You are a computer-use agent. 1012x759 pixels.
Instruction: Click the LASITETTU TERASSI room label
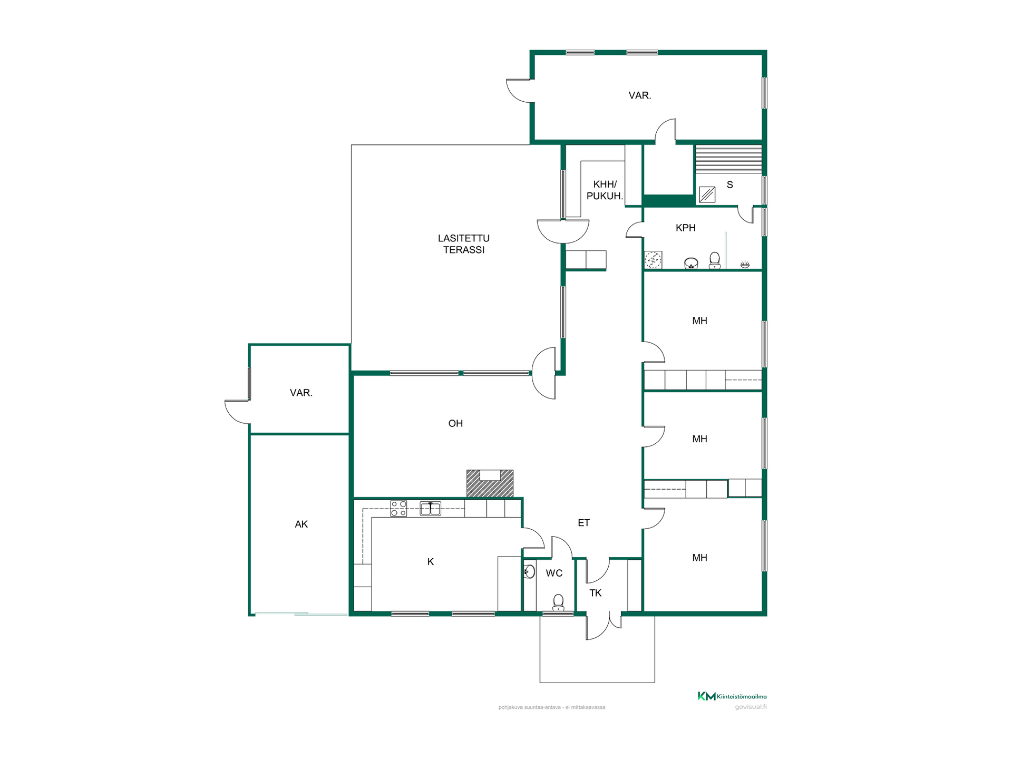pos(463,244)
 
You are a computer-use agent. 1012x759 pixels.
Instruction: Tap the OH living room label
pos(455,423)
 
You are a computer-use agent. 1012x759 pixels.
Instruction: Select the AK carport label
pos(301,524)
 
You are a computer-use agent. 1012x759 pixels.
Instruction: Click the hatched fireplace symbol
pos(490,483)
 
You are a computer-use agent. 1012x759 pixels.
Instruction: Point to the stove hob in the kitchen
pos(398,508)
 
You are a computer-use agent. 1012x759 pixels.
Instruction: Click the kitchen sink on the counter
pos(430,508)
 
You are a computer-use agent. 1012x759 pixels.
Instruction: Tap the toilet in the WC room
pos(558,602)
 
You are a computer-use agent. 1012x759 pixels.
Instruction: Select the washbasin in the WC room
pos(529,571)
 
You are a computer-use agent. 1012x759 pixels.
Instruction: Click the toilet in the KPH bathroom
pos(715,260)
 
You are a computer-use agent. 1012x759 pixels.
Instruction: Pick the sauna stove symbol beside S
pos(707,194)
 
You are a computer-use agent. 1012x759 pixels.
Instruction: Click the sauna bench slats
pos(728,159)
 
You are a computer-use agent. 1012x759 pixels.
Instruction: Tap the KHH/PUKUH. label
pos(605,190)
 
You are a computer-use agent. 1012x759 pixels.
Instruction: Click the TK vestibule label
pos(596,593)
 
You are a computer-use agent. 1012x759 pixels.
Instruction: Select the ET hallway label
pos(583,523)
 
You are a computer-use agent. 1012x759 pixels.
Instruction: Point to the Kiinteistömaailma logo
pos(732,696)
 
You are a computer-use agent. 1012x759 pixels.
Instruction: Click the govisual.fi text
pos(751,707)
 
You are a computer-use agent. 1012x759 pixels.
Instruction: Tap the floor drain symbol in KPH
pos(653,260)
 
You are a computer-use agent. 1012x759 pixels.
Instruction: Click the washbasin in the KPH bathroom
pos(691,263)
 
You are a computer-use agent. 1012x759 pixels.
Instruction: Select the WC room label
pos(554,573)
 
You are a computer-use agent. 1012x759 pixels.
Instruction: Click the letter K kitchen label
pos(431,562)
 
